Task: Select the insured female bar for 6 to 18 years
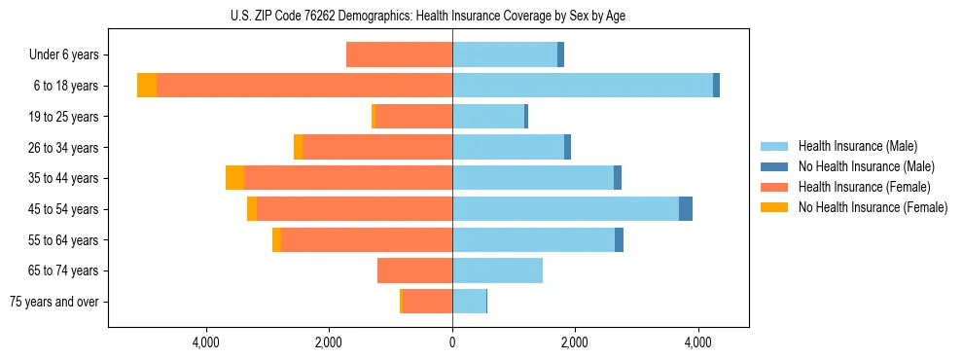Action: click(303, 86)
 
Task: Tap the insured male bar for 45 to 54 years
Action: click(565, 209)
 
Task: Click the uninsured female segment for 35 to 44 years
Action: click(234, 178)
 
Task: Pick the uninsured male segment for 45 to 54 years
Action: click(686, 209)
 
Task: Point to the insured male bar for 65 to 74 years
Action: click(497, 270)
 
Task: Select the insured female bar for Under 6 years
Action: click(399, 54)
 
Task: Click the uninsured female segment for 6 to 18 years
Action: click(147, 86)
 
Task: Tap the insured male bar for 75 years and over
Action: click(469, 302)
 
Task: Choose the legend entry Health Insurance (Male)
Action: click(857, 146)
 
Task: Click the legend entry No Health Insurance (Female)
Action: click(873, 207)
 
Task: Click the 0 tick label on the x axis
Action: click(452, 342)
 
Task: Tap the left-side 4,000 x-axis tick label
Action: click(206, 342)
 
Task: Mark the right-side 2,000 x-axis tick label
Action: click(575, 342)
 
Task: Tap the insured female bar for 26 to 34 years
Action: click(377, 147)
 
